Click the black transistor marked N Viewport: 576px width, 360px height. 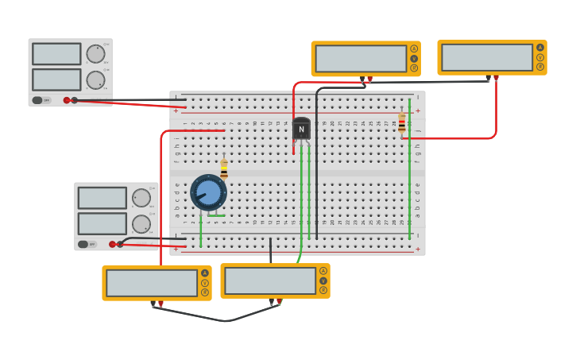coord(301,129)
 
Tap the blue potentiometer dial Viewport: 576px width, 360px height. coord(208,192)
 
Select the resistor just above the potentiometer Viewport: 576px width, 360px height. coord(224,168)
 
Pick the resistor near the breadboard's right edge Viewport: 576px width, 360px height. coord(401,122)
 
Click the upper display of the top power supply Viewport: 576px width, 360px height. coord(56,54)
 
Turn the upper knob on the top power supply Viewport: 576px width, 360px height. coord(95,54)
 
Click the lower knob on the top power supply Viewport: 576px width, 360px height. coord(95,80)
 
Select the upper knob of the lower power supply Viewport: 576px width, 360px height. coord(141,198)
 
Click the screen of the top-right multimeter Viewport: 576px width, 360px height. coord(487,57)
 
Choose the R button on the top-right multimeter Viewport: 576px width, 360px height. coord(541,67)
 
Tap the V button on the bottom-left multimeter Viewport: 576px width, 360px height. coord(205,283)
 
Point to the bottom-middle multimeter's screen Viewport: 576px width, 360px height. coord(270,281)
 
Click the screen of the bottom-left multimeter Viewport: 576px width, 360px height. coord(152,283)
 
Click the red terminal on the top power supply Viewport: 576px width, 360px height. coord(67,100)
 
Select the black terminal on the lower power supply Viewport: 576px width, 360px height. coord(120,244)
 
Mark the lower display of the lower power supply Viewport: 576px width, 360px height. coord(102,223)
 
